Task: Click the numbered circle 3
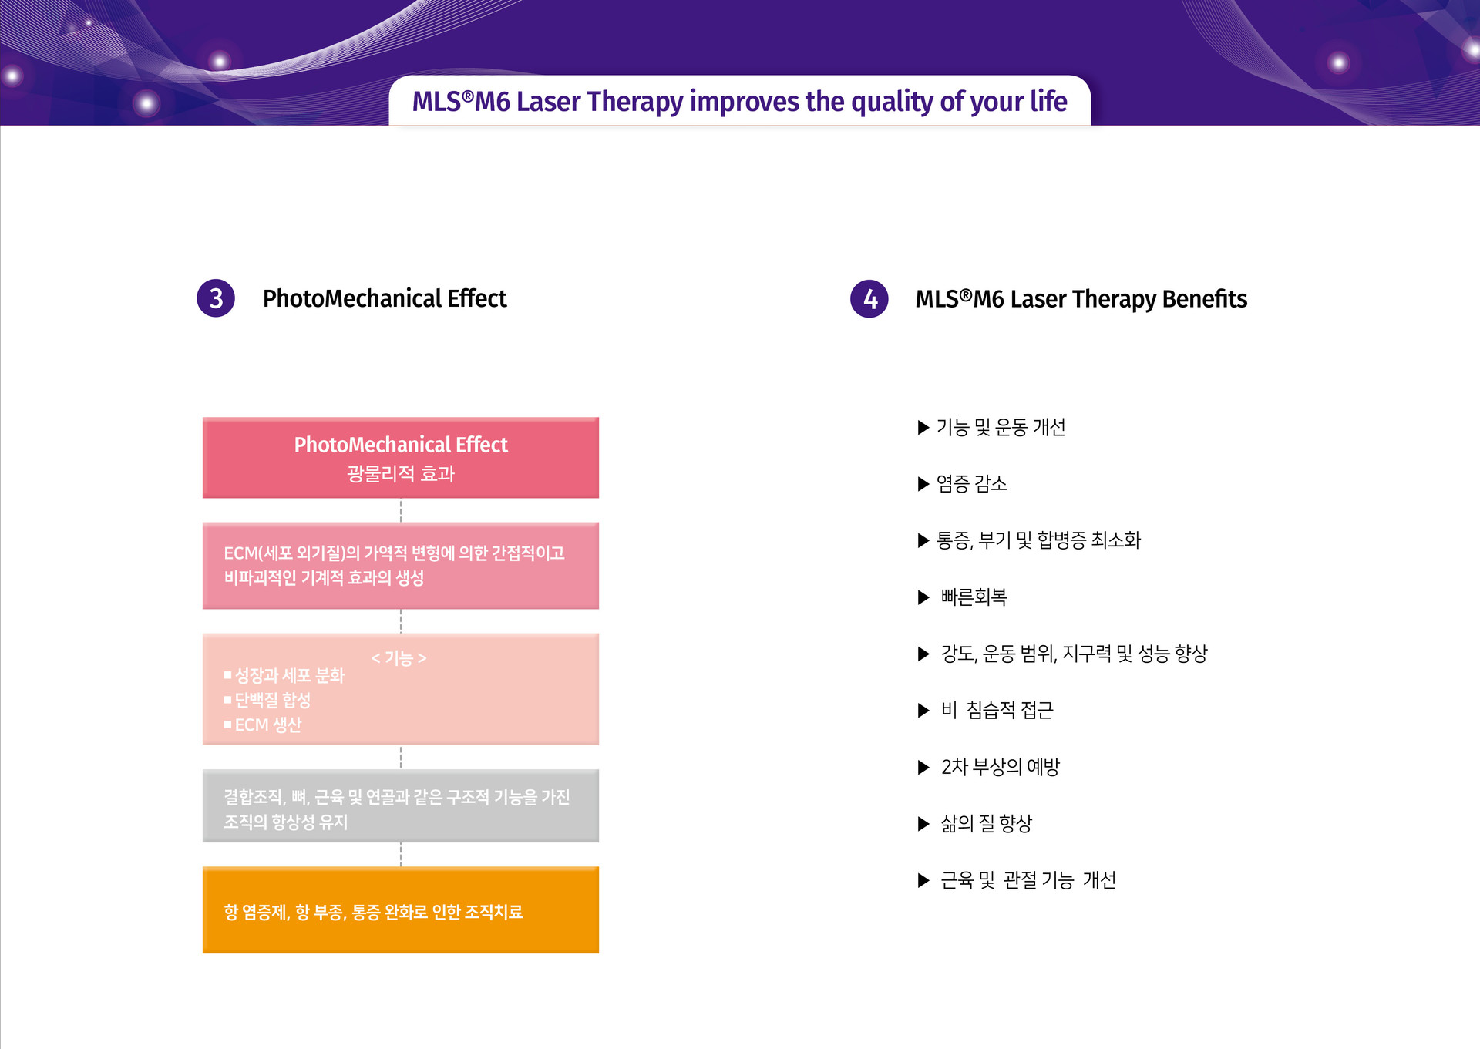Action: pos(216,298)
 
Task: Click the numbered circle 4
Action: pos(869,299)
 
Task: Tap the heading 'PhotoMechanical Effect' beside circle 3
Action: pos(385,298)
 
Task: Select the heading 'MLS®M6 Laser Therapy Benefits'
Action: pos(1081,299)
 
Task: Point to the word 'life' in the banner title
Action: pos(1048,101)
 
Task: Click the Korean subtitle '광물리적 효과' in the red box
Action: pos(401,473)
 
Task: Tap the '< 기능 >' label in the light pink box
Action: pos(399,658)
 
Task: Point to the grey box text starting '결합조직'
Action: pos(396,809)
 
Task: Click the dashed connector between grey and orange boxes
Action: pos(401,855)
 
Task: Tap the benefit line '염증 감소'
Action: pos(971,484)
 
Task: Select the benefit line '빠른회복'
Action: pos(974,597)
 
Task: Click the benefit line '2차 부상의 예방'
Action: pos(1000,767)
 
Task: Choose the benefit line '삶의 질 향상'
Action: pos(986,824)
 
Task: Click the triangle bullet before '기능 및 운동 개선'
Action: pos(923,428)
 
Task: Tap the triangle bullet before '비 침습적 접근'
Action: pos(923,711)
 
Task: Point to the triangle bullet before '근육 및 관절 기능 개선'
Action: pos(923,880)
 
